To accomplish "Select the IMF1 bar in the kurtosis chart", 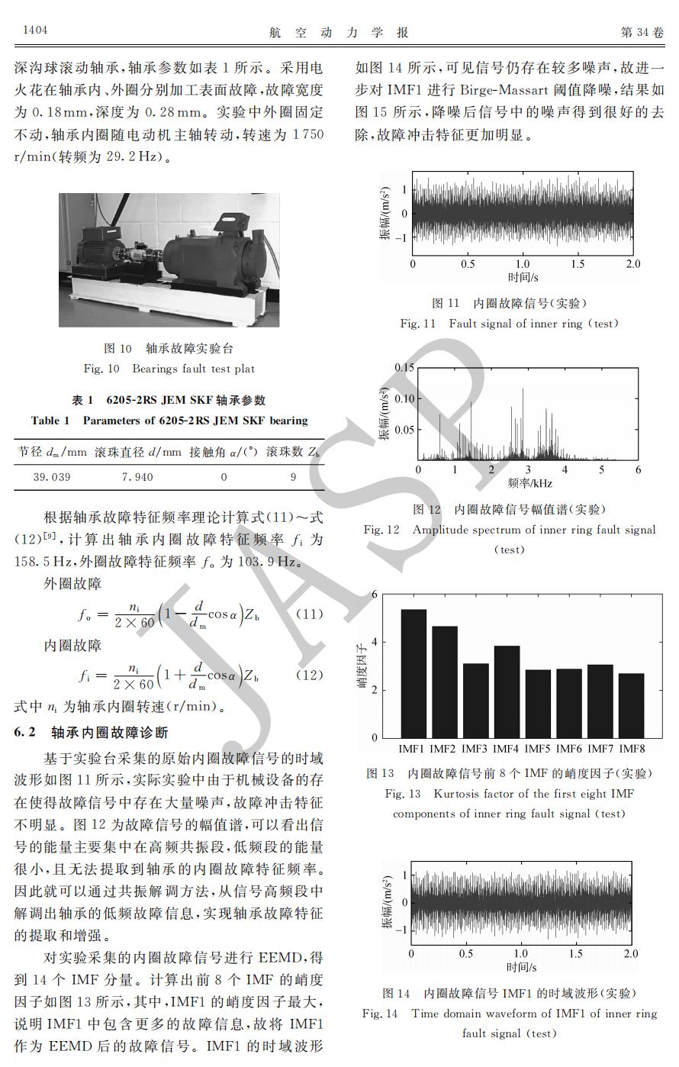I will (x=414, y=672).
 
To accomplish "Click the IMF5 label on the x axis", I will (x=538, y=749).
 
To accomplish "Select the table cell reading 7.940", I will (x=137, y=477).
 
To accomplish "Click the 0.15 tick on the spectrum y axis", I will (x=404, y=368).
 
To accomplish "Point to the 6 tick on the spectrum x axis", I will (x=638, y=469).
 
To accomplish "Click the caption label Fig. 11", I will (x=418, y=324).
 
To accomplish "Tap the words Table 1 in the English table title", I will (x=50, y=421).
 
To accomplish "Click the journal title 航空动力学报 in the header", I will (x=339, y=31).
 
